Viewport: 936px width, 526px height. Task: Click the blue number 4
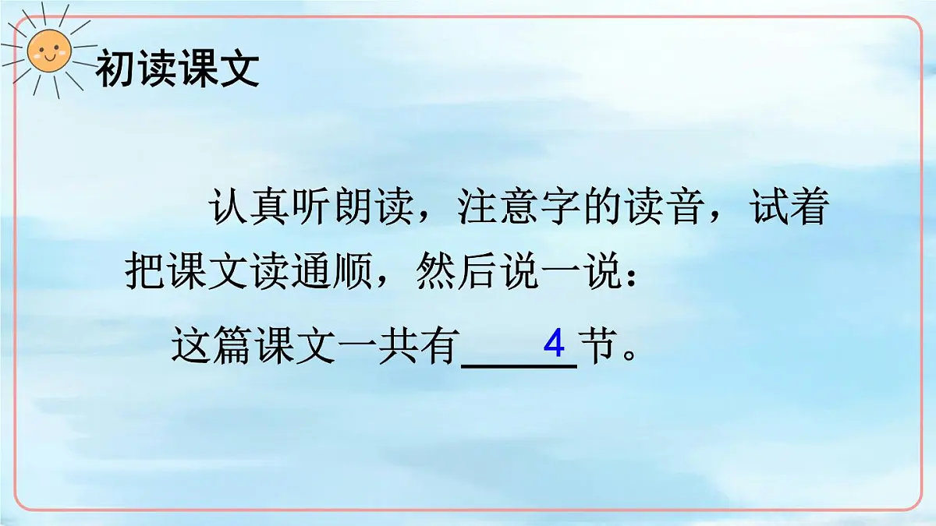(554, 343)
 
